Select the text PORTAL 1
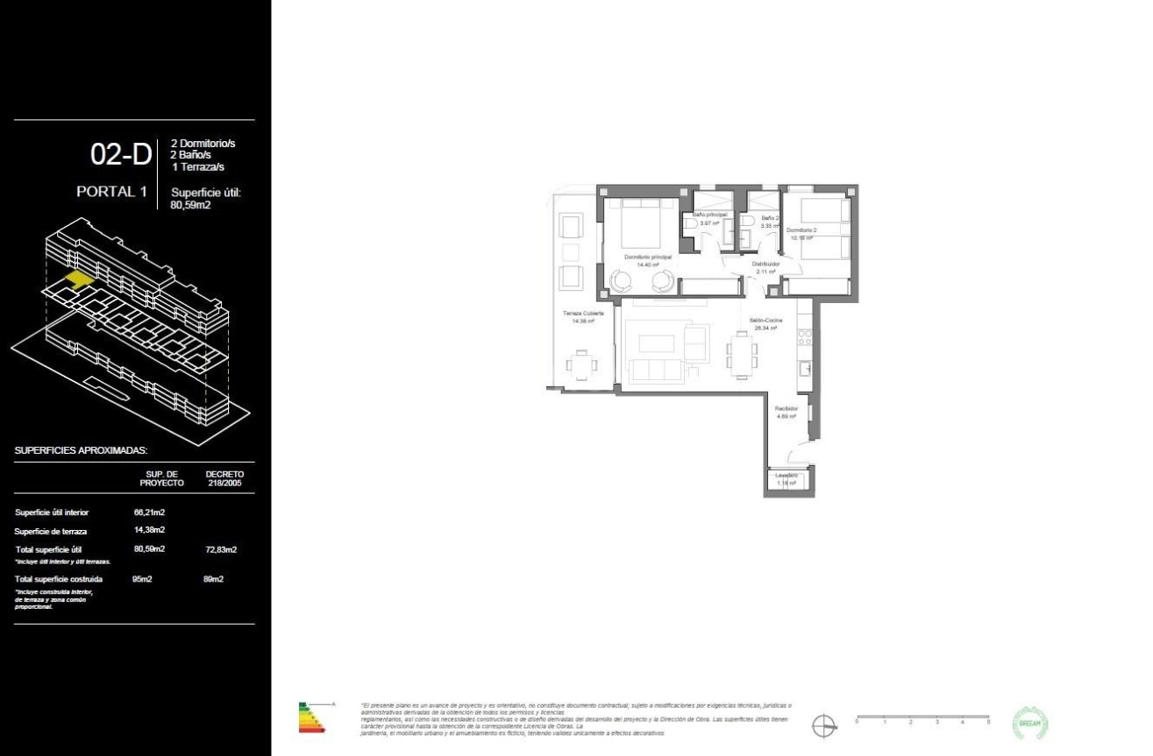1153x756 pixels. point(111,192)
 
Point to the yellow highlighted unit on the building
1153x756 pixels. point(77,279)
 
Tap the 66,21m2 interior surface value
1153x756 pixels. point(150,512)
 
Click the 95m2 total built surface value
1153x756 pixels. point(142,579)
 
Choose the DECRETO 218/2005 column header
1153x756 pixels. point(224,478)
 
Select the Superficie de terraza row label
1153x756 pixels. point(50,532)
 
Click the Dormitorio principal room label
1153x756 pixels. point(648,258)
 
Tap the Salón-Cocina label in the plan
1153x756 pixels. point(765,321)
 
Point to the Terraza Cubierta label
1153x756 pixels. point(583,313)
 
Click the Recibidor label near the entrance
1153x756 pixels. point(786,408)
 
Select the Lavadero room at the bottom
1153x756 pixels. point(786,479)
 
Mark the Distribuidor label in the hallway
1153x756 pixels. point(765,263)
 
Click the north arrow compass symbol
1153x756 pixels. point(823,726)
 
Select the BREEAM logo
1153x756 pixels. point(1030,724)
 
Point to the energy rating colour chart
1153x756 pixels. point(311,717)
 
